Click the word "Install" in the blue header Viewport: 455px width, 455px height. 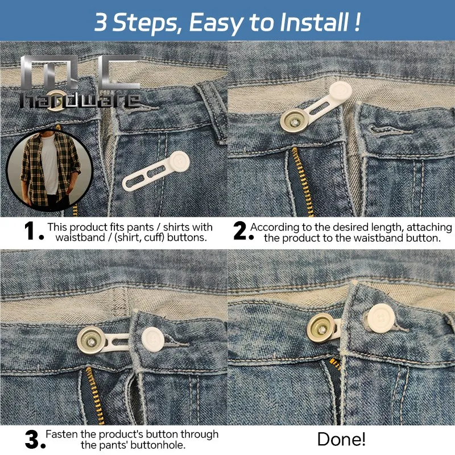(314, 22)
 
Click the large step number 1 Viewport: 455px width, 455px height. (30, 231)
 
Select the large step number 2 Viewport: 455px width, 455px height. (240, 231)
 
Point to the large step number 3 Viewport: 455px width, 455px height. (32, 440)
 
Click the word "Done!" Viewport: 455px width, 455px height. (341, 439)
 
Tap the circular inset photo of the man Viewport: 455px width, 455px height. (49, 170)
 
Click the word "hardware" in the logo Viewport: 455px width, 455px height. (80, 100)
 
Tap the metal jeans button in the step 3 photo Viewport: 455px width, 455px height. (91, 340)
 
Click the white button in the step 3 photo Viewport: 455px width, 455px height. (153, 339)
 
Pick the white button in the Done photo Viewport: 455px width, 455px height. (381, 318)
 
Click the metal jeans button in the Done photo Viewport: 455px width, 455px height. (321, 328)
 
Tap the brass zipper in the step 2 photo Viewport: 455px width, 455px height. (303, 182)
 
